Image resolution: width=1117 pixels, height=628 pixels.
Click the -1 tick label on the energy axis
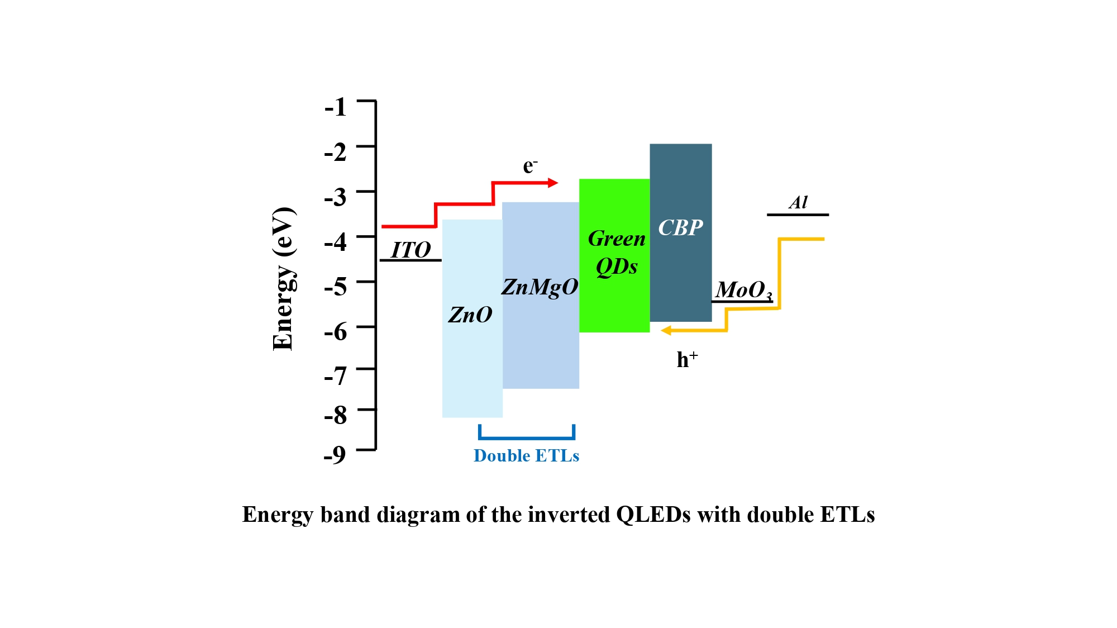[335, 107]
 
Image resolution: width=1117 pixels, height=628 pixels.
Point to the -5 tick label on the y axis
[335, 287]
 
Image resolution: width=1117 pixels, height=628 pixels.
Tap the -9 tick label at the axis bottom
[335, 455]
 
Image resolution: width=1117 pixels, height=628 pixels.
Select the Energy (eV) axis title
[283, 279]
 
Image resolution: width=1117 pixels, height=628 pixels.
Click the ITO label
[410, 250]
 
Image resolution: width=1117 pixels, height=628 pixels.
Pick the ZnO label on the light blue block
[470, 315]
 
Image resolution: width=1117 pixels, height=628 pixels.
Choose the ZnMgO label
[540, 287]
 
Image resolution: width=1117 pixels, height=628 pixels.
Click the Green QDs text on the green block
[616, 253]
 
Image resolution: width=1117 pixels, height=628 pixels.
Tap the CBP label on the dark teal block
[680, 228]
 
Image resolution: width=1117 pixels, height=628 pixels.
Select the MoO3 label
[743, 290]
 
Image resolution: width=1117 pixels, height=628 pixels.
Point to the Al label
[798, 202]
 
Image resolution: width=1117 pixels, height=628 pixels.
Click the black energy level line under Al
[798, 215]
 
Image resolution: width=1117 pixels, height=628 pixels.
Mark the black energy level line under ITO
[410, 260]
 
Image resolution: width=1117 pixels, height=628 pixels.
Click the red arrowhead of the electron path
[553, 183]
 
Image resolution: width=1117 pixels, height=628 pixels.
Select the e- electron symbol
[529, 166]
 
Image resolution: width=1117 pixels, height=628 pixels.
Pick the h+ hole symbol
[687, 359]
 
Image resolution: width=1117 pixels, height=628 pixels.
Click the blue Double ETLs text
[526, 456]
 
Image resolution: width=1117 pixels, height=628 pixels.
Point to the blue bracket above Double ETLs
[526, 437]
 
